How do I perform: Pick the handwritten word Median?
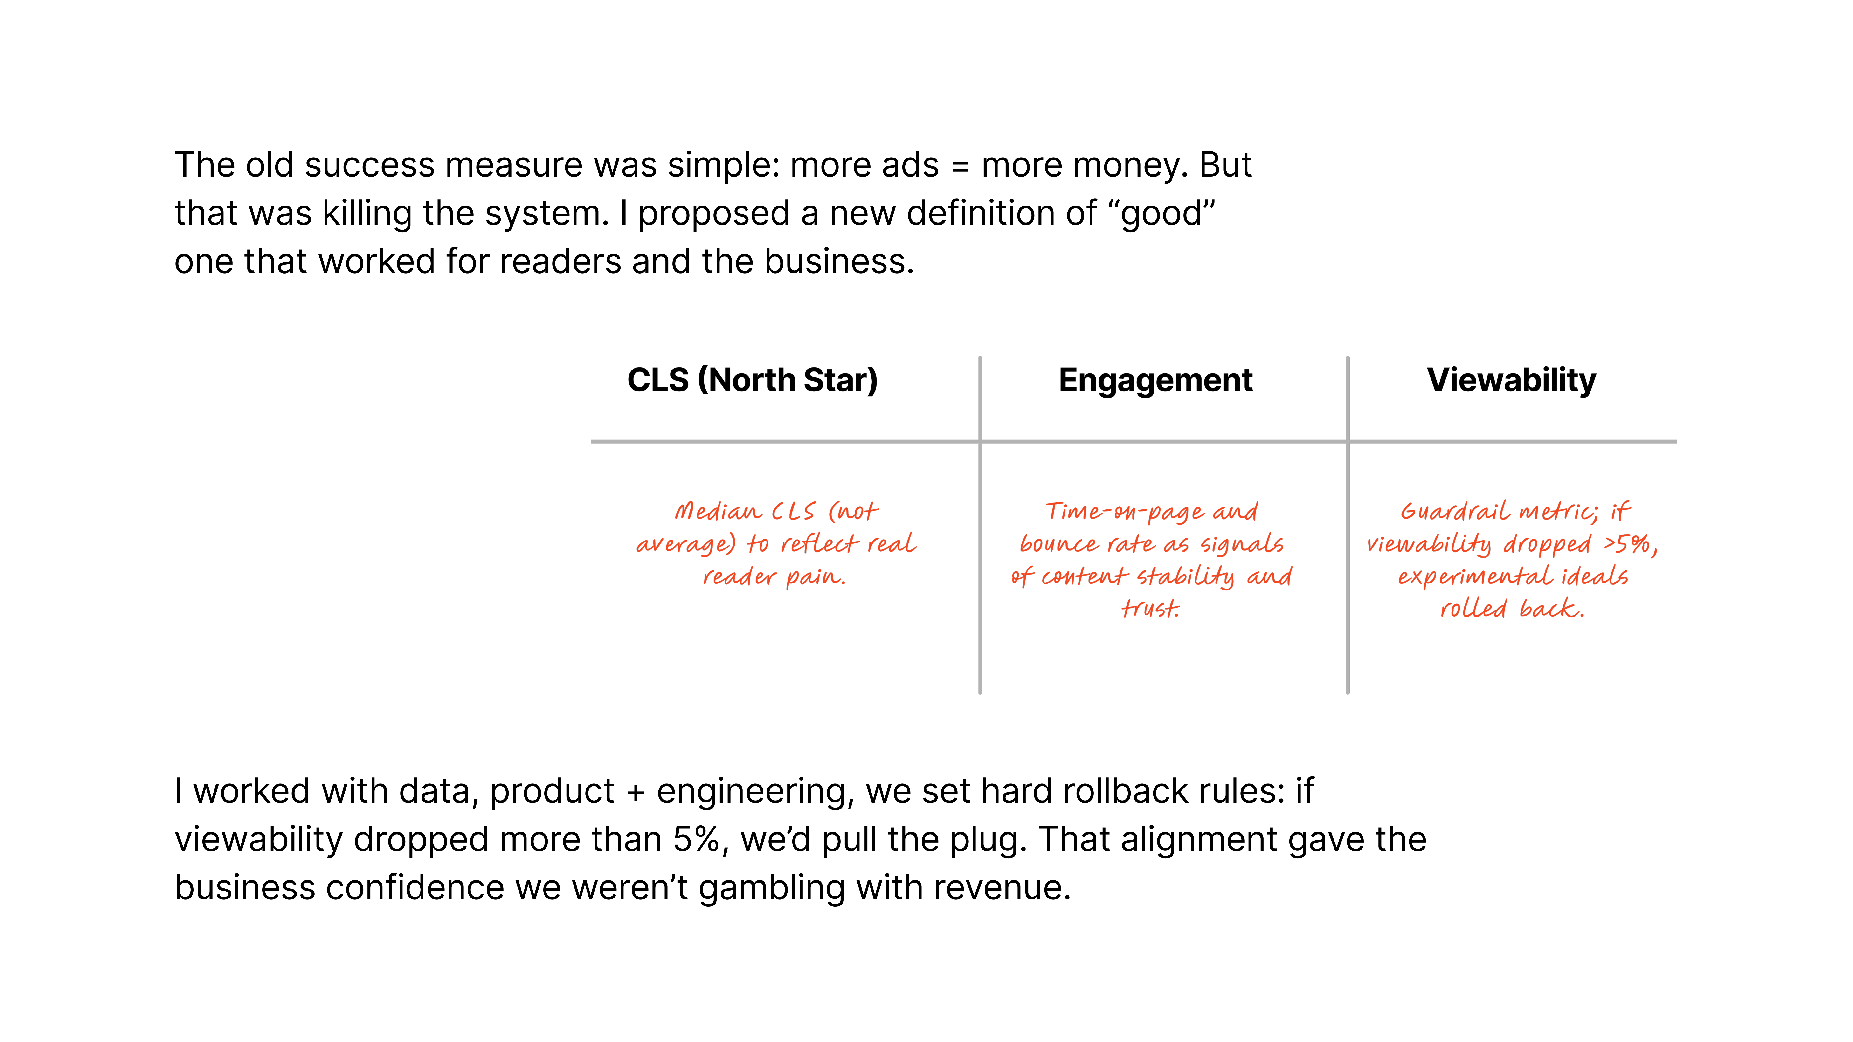point(718,511)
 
